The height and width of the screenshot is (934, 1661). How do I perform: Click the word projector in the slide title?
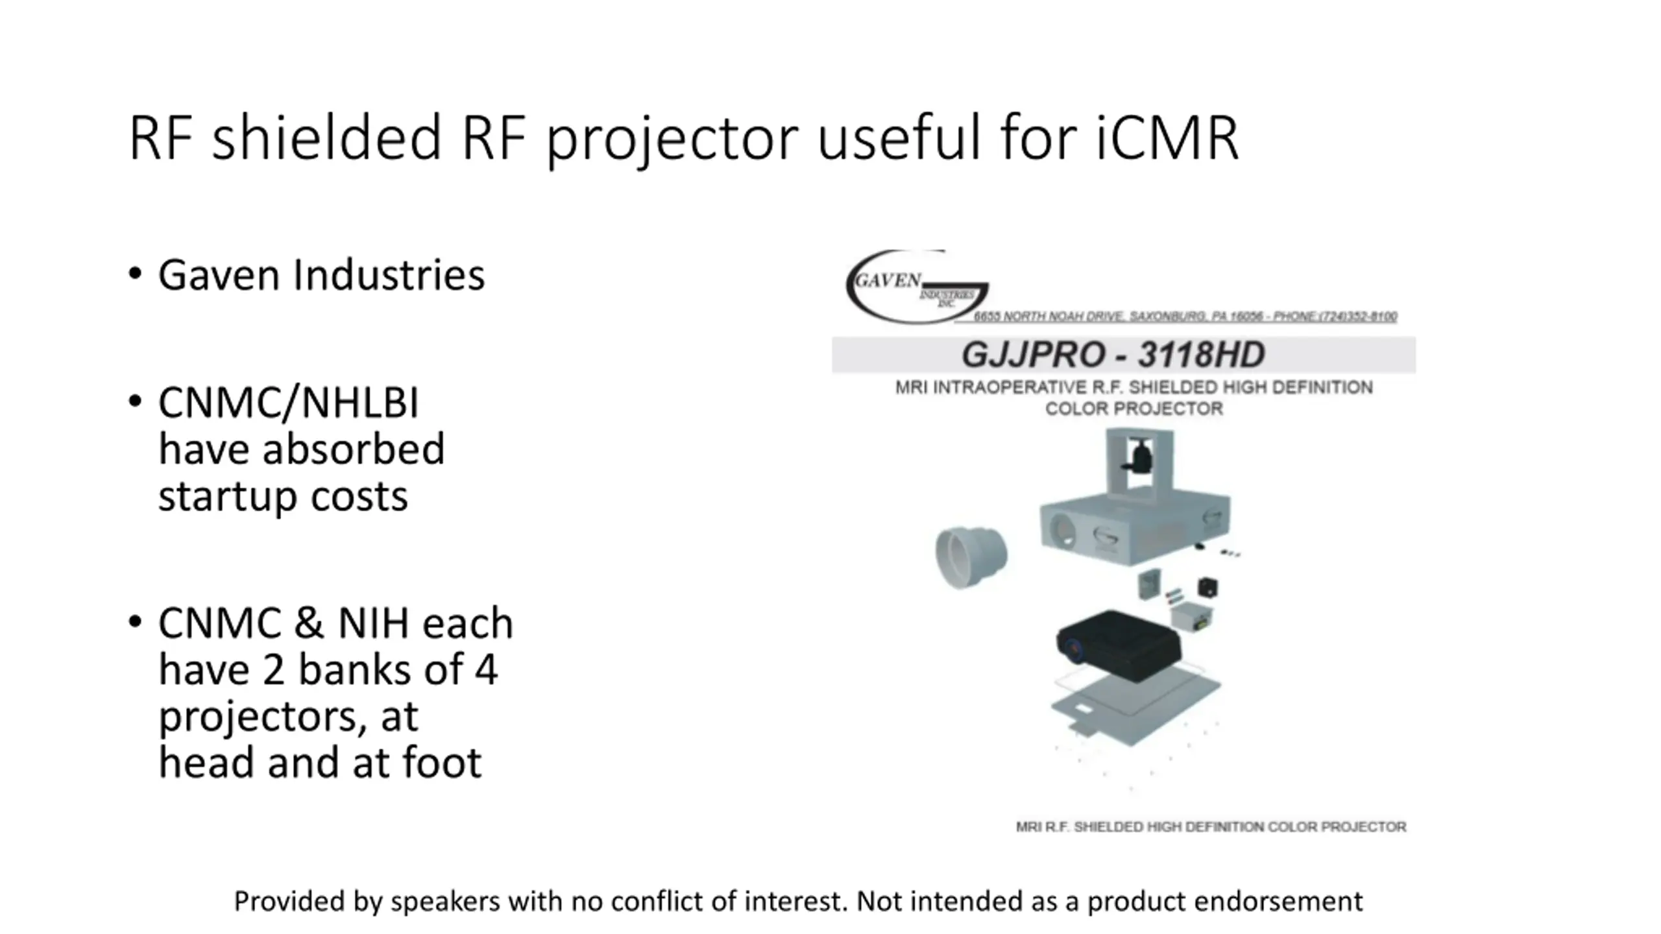[x=672, y=139]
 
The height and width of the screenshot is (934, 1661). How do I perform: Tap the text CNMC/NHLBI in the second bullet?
[x=288, y=403]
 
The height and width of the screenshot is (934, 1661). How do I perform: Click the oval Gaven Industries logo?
[x=915, y=287]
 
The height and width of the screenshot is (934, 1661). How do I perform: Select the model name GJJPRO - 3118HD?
[x=1113, y=355]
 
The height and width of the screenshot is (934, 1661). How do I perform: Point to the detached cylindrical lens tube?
[x=971, y=557]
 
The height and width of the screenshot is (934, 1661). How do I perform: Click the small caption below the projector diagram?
[x=1211, y=827]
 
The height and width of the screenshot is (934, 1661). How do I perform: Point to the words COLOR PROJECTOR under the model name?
[x=1134, y=409]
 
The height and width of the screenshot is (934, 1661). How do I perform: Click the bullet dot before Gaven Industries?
[x=135, y=274]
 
